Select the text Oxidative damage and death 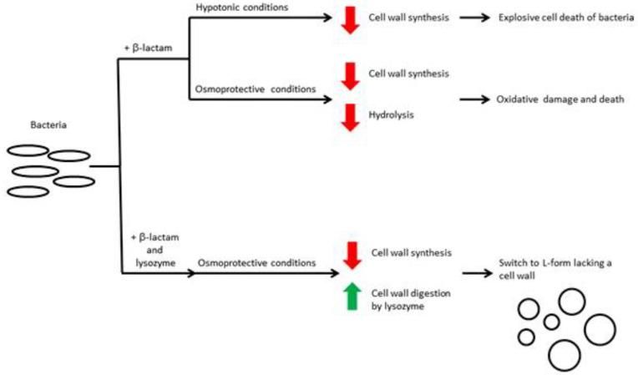pos(550,99)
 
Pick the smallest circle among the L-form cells pos(551,322)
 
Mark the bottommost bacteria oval pos(28,191)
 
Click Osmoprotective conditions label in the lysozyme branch pos(257,262)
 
